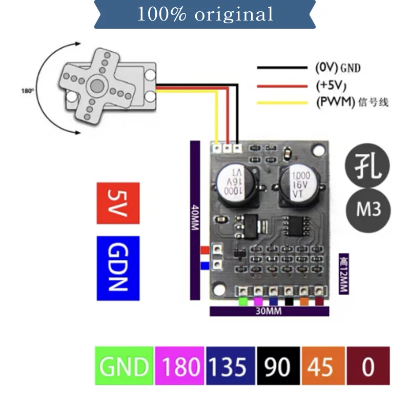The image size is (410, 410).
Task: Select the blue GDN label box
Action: coord(117,268)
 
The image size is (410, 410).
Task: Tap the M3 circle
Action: coord(368,210)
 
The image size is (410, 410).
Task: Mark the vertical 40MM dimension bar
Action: coord(195,219)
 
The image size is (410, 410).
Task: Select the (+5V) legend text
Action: coord(332,85)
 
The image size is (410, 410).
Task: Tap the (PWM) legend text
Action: coord(352,102)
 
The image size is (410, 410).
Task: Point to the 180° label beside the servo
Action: coord(27,91)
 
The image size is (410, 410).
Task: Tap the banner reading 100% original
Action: coord(204,14)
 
